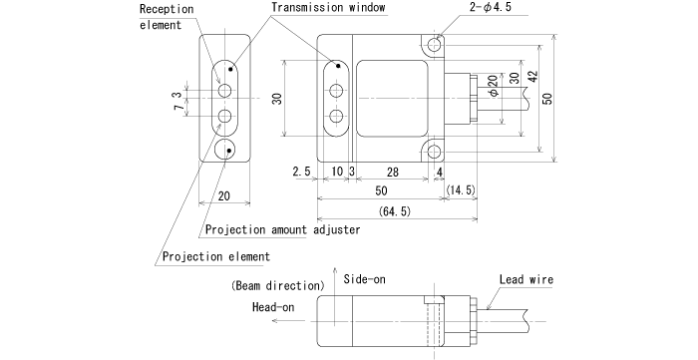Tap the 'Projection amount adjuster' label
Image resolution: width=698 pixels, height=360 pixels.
(282, 229)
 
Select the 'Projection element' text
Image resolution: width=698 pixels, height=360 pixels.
(214, 256)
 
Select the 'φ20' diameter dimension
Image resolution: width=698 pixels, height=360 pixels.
(494, 86)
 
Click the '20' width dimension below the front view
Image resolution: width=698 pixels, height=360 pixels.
(223, 195)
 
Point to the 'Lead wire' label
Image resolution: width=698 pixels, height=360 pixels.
(525, 280)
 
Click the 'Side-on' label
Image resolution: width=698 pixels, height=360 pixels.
(364, 279)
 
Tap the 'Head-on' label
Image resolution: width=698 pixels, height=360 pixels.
(273, 307)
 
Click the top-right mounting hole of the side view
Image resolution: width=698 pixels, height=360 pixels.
(434, 46)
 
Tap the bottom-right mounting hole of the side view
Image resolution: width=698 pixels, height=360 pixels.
(434, 151)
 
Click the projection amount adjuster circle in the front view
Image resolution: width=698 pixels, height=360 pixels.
(224, 151)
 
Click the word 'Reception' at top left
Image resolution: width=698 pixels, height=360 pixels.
(165, 9)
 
